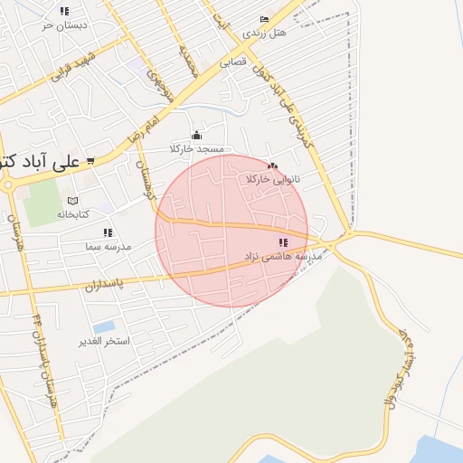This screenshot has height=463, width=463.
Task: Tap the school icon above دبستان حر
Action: point(63,12)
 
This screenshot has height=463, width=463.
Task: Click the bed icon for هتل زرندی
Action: point(264,20)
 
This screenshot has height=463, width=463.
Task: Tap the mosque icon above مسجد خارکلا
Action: point(196,136)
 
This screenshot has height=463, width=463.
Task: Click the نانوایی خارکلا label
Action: point(272,179)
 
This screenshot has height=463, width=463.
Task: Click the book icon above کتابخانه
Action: point(73,201)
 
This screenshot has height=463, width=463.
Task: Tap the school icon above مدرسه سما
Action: point(109,233)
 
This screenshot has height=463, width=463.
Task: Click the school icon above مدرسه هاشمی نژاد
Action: point(283,242)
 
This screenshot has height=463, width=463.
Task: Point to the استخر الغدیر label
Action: point(105,341)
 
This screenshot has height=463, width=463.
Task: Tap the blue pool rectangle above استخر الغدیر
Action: point(104,326)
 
